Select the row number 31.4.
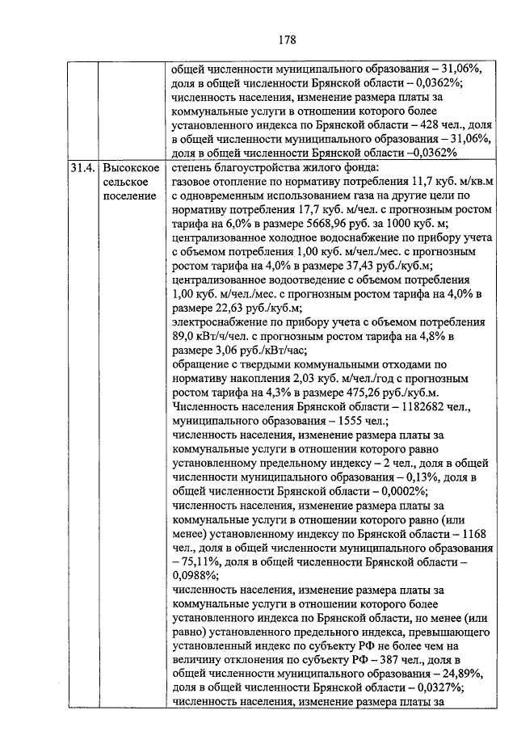82,169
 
